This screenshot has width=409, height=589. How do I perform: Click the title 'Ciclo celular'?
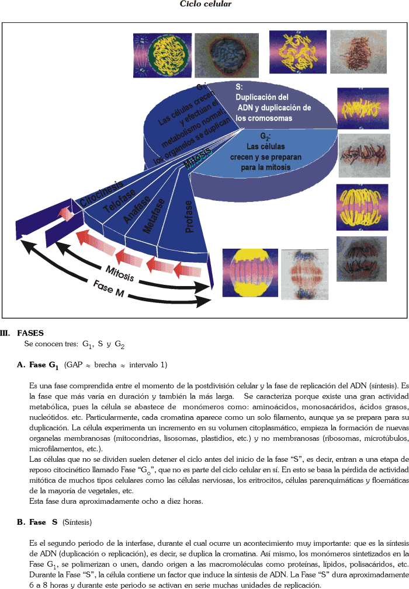205,4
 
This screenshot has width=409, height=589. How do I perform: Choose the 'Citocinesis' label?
100,192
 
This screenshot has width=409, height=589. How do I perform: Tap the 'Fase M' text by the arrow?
108,288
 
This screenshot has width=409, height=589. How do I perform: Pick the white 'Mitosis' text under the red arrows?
120,273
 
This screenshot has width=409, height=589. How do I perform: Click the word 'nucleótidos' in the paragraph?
48,411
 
